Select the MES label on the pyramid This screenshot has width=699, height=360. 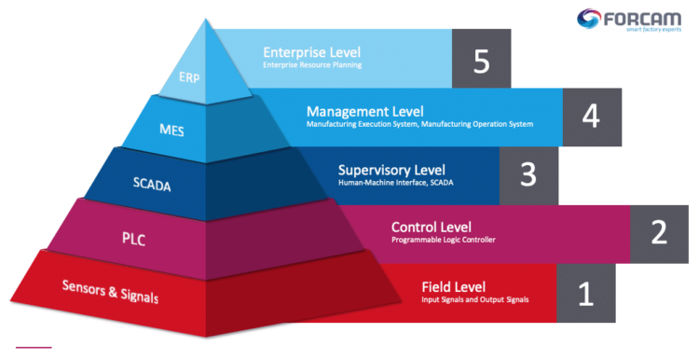pos(171,130)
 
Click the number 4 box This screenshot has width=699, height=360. pos(591,118)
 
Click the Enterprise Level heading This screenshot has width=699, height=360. pos(311,52)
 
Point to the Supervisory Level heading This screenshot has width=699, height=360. pos(391,169)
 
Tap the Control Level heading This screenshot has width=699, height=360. pos(431,227)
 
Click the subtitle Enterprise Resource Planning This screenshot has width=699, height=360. pos(311,65)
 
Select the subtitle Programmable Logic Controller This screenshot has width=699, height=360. pos(443,240)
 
